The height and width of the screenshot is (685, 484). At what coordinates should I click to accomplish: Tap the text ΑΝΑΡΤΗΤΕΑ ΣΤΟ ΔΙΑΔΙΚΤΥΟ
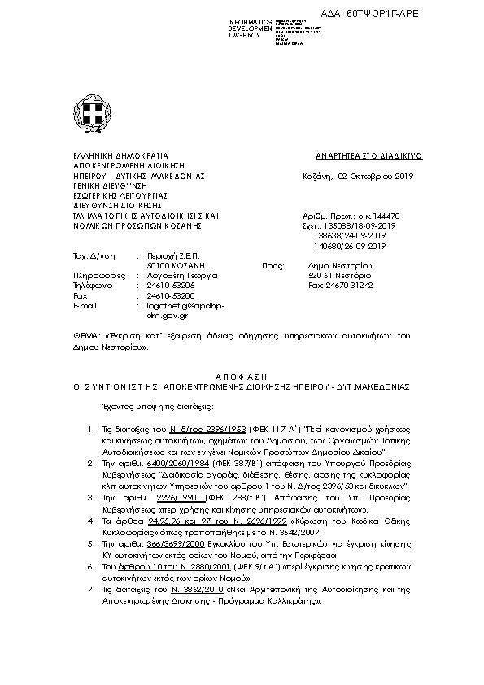[x=364, y=155]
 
